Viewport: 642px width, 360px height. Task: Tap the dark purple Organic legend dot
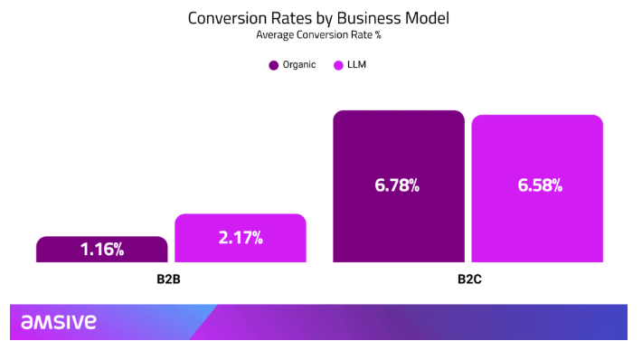click(x=274, y=66)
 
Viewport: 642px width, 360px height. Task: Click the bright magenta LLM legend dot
click(x=339, y=66)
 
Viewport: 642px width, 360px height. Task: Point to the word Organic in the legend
click(x=299, y=66)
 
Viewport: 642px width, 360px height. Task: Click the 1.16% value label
click(x=102, y=250)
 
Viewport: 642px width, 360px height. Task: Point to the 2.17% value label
click(x=241, y=239)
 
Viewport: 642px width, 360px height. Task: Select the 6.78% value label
click(x=399, y=185)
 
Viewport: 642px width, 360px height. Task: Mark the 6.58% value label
click(x=540, y=185)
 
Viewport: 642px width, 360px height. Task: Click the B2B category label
click(x=171, y=279)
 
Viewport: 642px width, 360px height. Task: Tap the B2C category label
click(x=468, y=279)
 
